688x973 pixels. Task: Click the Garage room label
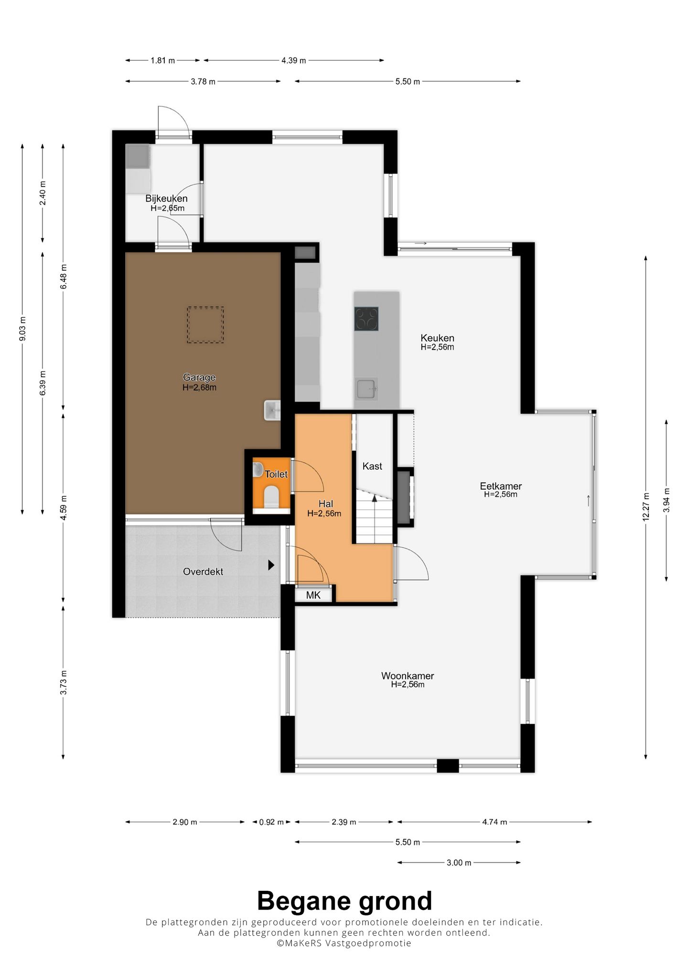[199, 377]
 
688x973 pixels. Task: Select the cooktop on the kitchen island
[366, 319]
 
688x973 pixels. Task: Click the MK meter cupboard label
[313, 595]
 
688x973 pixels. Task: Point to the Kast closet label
[372, 466]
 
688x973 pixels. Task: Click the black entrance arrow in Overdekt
[271, 565]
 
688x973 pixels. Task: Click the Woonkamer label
[408, 676]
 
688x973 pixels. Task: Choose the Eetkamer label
[501, 486]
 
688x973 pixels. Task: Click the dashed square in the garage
[205, 325]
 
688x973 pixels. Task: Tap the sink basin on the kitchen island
[367, 389]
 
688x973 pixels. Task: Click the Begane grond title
[344, 901]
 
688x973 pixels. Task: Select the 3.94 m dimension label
[666, 501]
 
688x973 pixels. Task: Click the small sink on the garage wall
[272, 410]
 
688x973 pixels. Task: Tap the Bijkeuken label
[166, 198]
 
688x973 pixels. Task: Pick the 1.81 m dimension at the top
[163, 61]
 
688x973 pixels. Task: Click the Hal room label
[325, 504]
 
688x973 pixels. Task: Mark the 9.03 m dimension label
[22, 329]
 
